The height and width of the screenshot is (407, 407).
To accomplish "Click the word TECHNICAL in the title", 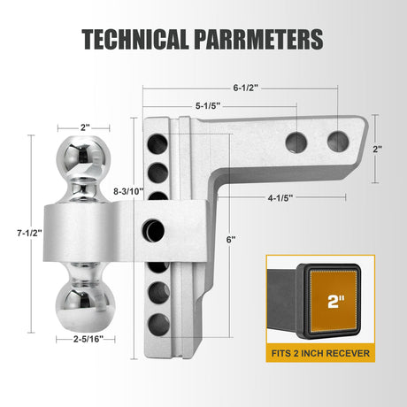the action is coord(135,39).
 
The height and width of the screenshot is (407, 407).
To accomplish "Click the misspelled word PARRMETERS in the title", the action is coord(258,39).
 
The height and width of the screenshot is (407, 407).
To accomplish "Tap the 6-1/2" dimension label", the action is coord(245,88).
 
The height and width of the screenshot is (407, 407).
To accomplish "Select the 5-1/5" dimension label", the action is coord(208,105).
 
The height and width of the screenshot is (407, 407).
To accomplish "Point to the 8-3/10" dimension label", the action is coord(128,191).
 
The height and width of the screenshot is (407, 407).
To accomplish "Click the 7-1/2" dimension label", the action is coord(29,233).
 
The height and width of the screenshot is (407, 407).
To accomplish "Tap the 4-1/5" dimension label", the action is coord(280,198).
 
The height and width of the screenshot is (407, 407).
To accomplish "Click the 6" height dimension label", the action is coord(231,240).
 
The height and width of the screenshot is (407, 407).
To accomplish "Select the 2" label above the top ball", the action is coord(85,127).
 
